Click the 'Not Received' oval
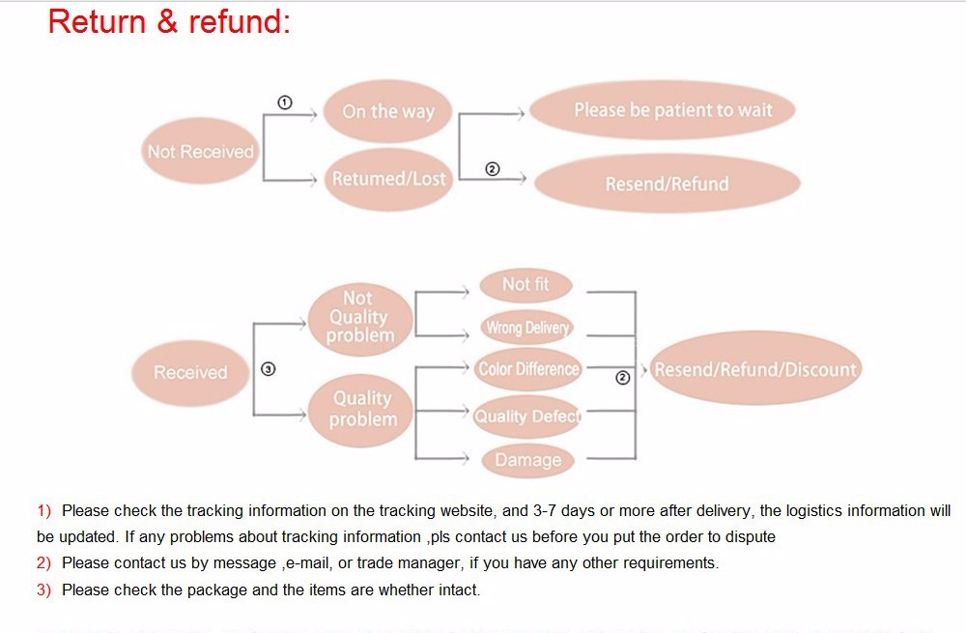coord(200,152)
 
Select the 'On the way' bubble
coord(387,111)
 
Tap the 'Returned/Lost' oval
coord(388,179)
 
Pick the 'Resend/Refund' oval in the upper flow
coord(667,184)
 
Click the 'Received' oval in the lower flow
coord(190,373)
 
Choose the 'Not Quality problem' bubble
coord(359,317)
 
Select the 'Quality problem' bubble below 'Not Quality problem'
coord(362,409)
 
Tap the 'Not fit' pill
coord(526,284)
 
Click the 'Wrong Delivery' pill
coord(527,328)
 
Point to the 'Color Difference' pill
coord(528,369)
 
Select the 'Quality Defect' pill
coord(527,417)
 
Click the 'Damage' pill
coord(527,460)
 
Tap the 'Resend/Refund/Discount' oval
coord(754,370)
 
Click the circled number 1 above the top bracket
coord(284,101)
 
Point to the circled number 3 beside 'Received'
coord(269,368)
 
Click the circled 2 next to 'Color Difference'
coord(623,378)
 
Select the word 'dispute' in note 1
coord(751,536)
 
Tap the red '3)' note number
coord(43,590)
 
